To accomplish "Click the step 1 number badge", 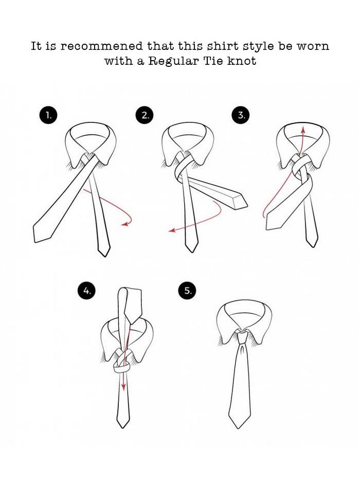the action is tap(48, 115).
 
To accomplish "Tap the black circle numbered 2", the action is tap(145, 115).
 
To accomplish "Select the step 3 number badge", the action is tap(241, 115).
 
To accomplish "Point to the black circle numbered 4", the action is tap(86, 291).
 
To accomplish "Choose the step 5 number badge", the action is tap(187, 291).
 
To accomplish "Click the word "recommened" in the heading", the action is tap(102, 46).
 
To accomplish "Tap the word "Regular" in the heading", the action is tap(173, 61).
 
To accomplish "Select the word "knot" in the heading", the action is tap(242, 61).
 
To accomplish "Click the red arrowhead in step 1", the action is tap(124, 224).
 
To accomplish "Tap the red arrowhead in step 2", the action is tap(172, 230).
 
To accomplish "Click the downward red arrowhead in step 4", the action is tap(123, 387).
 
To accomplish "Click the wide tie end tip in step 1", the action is tap(35, 242).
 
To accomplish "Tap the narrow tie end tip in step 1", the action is tap(105, 256).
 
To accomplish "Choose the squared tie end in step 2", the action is tap(240, 202).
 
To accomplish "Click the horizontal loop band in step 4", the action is tap(121, 367).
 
